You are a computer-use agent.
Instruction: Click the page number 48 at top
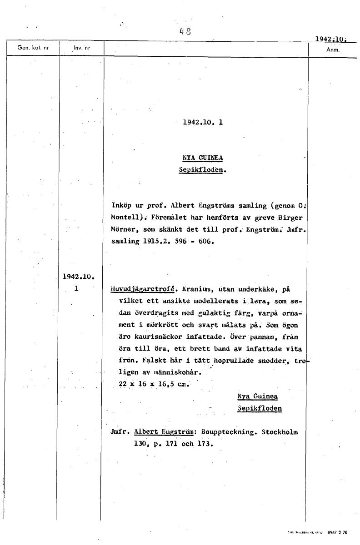point(185,31)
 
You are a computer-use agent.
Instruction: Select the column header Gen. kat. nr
point(33,47)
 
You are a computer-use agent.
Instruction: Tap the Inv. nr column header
point(82,47)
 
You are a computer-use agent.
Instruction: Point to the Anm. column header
point(333,50)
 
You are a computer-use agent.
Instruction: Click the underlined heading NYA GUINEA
point(203,159)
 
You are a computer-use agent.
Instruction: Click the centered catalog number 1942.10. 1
point(203,122)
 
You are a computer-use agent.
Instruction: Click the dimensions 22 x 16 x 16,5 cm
point(153,384)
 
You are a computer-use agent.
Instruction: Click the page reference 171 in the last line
point(171,444)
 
